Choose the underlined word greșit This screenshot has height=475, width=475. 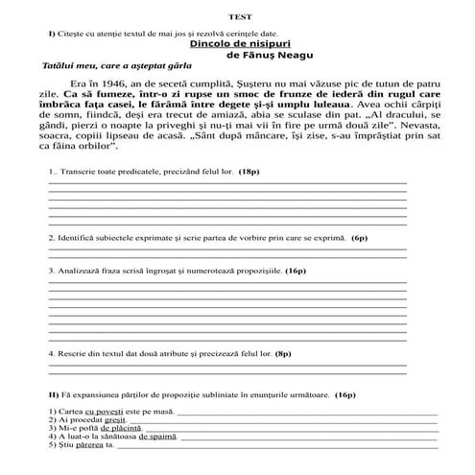pyautogui.click(x=115, y=420)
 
